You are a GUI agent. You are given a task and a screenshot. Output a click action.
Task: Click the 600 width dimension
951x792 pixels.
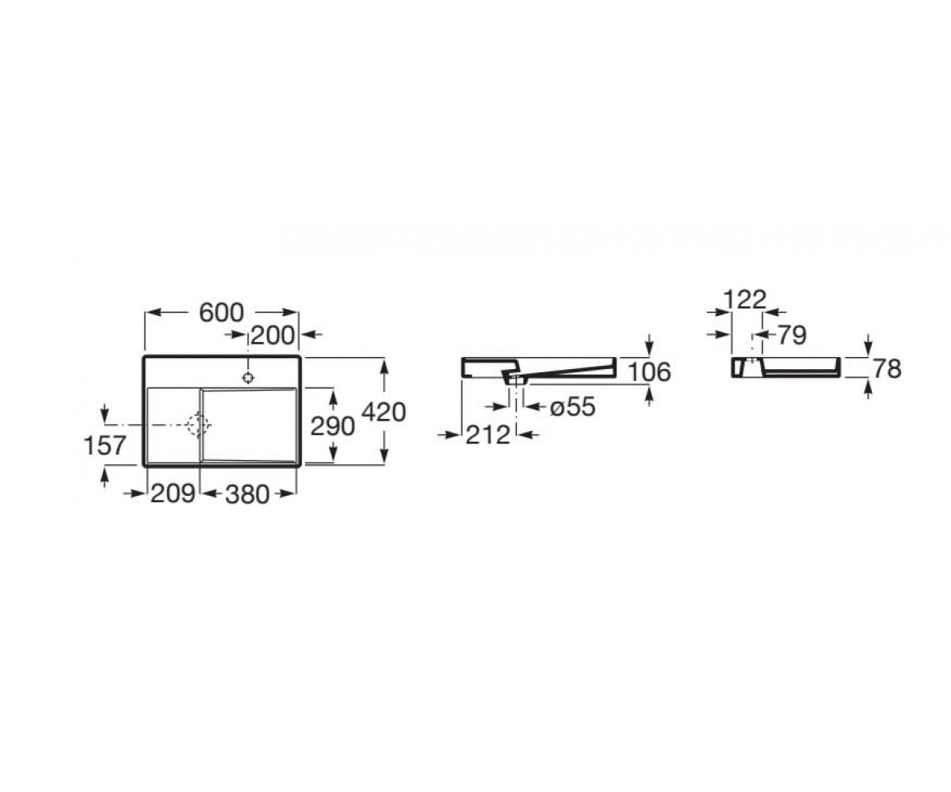(x=221, y=312)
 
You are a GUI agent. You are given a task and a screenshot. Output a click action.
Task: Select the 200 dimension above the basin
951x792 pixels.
(x=273, y=336)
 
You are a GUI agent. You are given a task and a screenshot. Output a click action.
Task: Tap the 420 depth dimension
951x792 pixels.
(x=384, y=413)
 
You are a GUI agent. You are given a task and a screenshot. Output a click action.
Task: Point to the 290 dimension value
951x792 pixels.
(x=333, y=427)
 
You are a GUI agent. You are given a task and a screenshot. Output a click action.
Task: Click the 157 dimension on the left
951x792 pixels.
(x=105, y=445)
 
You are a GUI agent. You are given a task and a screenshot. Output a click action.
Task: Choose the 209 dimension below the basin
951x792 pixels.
(x=173, y=493)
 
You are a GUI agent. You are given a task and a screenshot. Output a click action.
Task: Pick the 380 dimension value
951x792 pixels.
(x=247, y=494)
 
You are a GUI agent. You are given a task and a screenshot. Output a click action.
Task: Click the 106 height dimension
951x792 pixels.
(x=650, y=372)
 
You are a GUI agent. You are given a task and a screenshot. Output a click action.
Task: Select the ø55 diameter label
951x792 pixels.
(x=572, y=406)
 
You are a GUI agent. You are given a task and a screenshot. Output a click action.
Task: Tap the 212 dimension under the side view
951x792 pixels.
(x=488, y=435)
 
